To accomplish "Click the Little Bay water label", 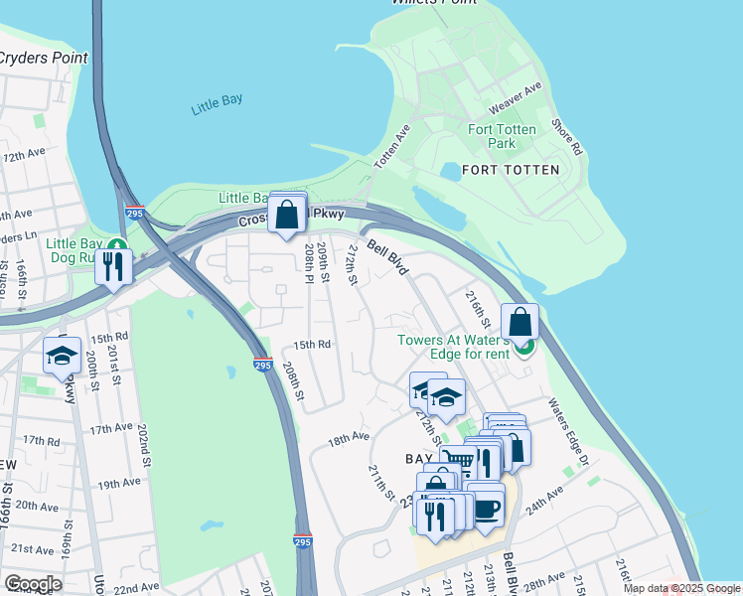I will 217,103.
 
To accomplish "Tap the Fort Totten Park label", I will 503,136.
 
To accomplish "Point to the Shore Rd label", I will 566,137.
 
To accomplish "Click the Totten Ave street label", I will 391,147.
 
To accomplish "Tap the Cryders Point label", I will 42,58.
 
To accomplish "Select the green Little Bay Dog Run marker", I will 118,245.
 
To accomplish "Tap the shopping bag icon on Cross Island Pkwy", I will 287,214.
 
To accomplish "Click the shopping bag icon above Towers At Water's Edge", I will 520,322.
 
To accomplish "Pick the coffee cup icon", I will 487,509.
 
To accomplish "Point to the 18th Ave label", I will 349,436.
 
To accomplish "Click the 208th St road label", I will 291,380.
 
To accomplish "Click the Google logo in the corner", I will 32,583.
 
